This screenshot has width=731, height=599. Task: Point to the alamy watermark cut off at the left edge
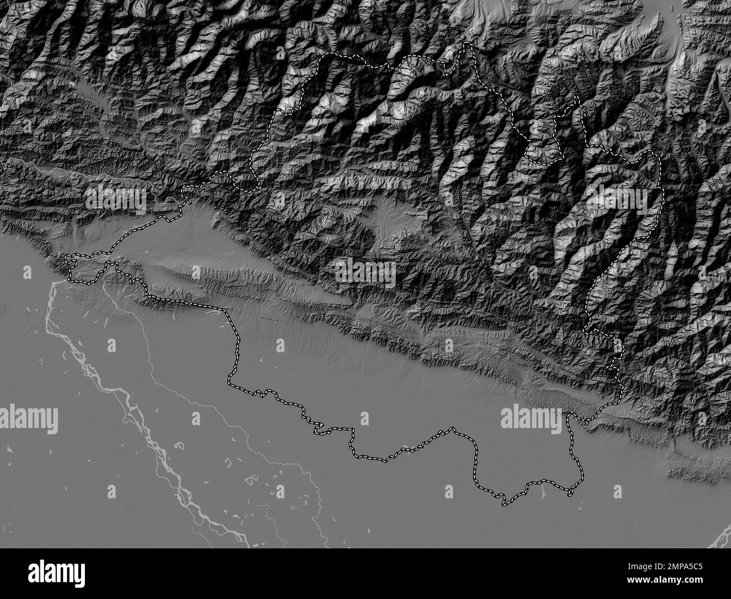pyautogui.click(x=28, y=417)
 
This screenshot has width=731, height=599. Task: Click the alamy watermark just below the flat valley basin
pyautogui.click(x=365, y=273)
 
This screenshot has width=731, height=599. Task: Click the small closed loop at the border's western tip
pyautogui.click(x=72, y=259)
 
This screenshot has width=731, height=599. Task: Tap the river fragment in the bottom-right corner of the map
pyautogui.click(x=720, y=537)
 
